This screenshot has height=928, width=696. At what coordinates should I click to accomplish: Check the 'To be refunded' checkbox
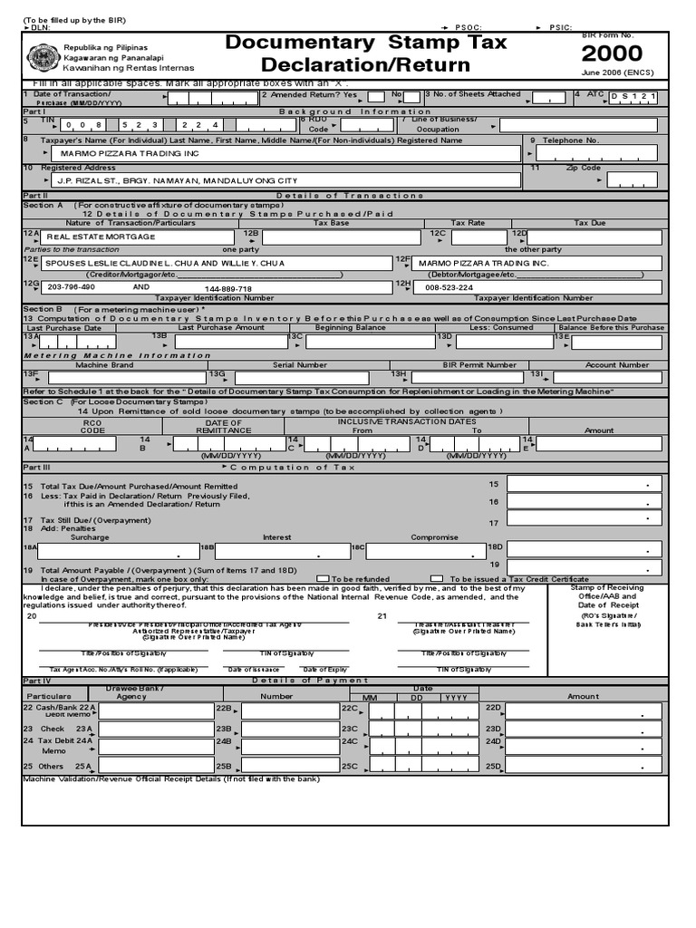pyautogui.click(x=323, y=578)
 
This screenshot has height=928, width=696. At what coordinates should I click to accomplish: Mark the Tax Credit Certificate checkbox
pyautogui.click(x=437, y=578)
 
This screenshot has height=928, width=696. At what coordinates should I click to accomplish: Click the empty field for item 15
pyautogui.click(x=583, y=484)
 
